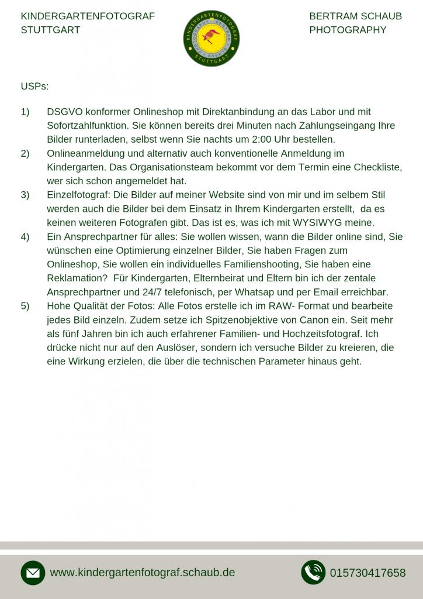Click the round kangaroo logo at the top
point(211,38)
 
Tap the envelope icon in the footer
point(33,573)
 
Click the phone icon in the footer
point(313,573)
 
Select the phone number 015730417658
point(367,573)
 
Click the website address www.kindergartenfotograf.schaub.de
point(142,573)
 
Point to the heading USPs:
point(34,87)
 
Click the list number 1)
point(25,112)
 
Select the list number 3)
point(25,195)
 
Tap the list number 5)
point(25,306)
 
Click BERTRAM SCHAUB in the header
point(355,16)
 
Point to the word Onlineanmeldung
point(88,153)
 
